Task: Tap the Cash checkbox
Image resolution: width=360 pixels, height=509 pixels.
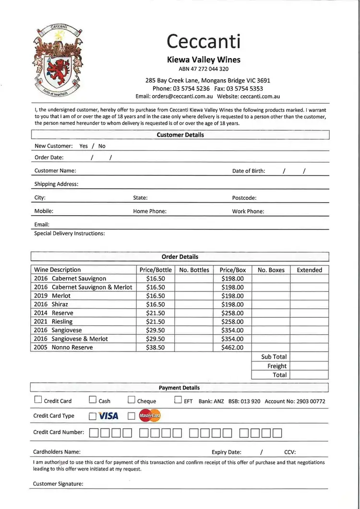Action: click(93, 400)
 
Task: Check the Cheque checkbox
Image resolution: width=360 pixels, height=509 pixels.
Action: click(132, 400)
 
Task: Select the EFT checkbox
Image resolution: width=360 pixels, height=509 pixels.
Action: click(178, 400)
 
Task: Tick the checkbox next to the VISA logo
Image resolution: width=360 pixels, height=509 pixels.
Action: click(93, 416)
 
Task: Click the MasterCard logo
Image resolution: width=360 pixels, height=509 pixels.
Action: click(149, 416)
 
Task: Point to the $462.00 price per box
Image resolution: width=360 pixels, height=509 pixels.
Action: click(232, 347)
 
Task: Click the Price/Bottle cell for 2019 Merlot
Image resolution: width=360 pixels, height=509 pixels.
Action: click(155, 296)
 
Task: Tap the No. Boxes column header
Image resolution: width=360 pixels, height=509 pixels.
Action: click(271, 270)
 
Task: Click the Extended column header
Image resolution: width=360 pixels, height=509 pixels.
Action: click(309, 270)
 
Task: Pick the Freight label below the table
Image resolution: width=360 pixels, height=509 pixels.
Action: click(277, 366)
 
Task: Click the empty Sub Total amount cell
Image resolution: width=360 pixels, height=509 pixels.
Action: click(309, 357)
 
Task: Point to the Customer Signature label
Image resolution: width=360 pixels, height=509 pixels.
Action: click(58, 484)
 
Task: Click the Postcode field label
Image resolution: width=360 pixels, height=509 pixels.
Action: click(244, 198)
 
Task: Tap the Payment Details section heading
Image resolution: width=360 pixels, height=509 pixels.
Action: click(179, 388)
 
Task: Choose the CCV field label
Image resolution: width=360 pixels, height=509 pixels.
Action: click(290, 452)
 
